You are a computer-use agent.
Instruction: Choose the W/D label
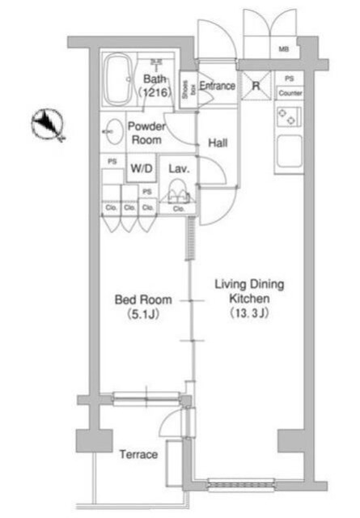[142, 169]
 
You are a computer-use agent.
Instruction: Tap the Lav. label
[179, 169]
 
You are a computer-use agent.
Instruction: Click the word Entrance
[217, 87]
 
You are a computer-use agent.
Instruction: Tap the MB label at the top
[283, 49]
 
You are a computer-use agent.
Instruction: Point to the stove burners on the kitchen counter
[288, 117]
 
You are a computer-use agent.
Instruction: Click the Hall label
[217, 143]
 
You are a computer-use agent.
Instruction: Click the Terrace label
[138, 454]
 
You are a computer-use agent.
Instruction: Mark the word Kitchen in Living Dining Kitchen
[248, 298]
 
